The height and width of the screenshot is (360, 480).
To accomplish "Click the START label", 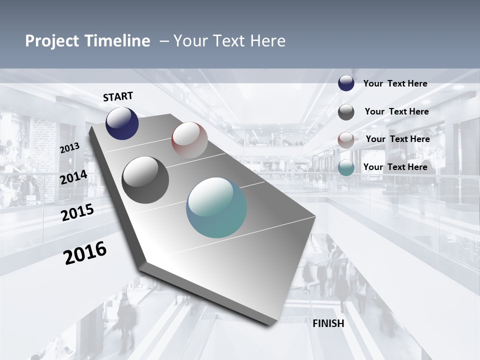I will click(118, 96).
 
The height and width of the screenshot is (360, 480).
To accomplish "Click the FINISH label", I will click(328, 323).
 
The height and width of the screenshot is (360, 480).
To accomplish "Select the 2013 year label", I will click(69, 148).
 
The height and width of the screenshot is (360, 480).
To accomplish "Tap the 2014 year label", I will click(73, 177).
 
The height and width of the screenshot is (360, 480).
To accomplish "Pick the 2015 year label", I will click(77, 212).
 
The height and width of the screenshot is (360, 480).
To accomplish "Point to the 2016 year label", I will click(85, 252).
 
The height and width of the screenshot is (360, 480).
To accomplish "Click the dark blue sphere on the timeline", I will click(122, 123).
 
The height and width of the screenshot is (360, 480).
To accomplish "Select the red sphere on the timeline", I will click(189, 140).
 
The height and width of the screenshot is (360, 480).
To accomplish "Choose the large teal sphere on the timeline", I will click(216, 207).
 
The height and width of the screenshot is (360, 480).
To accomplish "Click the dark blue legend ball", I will click(346, 83).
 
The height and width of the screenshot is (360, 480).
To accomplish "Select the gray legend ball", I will click(346, 112).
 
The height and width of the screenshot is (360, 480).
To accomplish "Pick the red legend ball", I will click(346, 140).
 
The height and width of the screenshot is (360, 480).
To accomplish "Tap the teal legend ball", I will click(346, 168).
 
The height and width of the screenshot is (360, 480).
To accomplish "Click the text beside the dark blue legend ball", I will click(395, 84).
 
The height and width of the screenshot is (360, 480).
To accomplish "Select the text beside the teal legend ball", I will click(395, 167).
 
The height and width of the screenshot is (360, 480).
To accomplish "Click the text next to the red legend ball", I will click(397, 139).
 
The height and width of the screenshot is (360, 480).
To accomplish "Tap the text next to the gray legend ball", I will click(396, 111).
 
